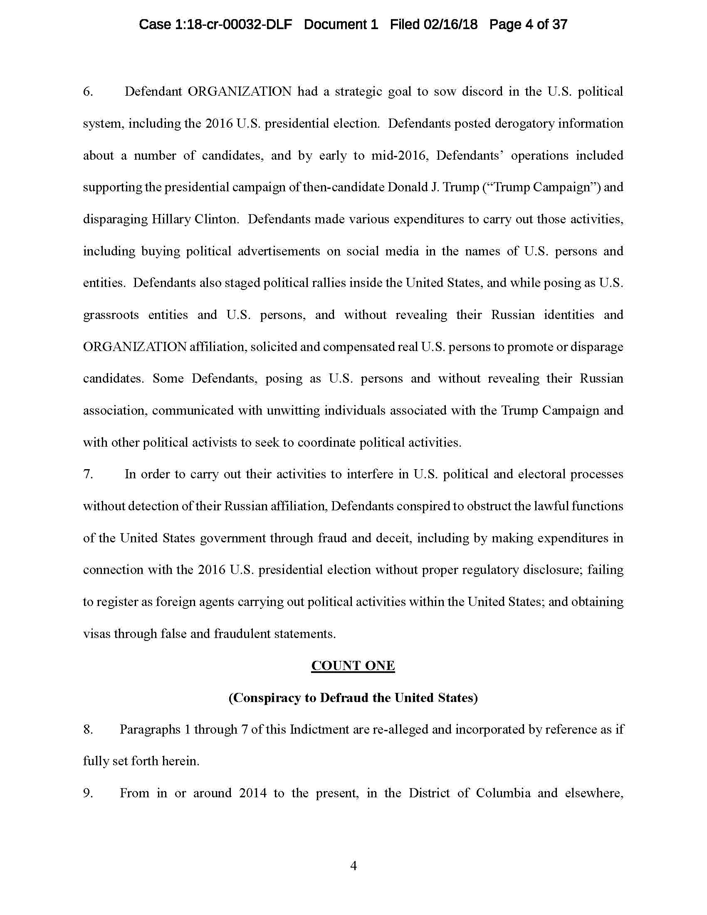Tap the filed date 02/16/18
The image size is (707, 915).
point(450,24)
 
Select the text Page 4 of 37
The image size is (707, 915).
point(528,24)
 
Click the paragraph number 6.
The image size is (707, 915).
point(87,91)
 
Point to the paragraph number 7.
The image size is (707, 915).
point(87,474)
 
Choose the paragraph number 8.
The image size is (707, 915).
point(87,730)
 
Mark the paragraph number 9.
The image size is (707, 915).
point(87,793)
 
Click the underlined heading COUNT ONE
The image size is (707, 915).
point(353,666)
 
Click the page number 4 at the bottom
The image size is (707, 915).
point(353,866)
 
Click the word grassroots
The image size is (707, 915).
point(111,315)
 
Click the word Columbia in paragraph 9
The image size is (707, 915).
point(503,793)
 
